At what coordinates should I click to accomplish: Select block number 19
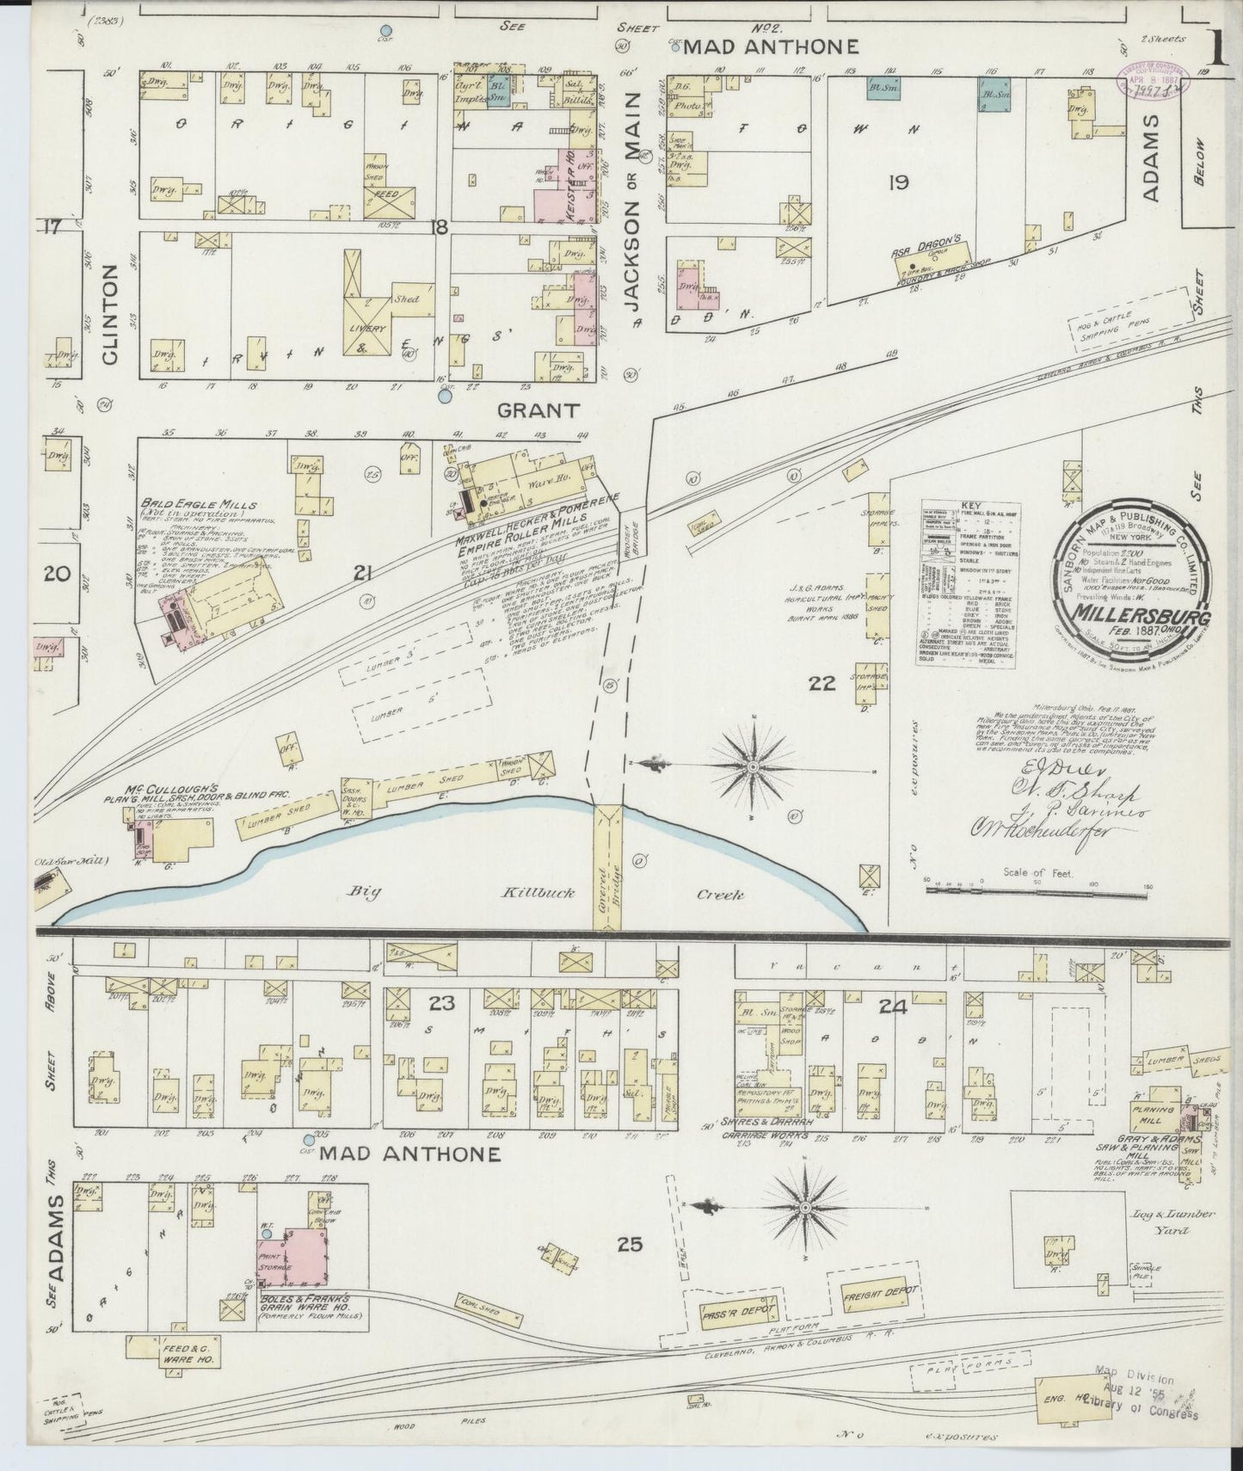(900, 182)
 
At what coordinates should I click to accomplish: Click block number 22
(822, 684)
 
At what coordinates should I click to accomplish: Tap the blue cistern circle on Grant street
(445, 397)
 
